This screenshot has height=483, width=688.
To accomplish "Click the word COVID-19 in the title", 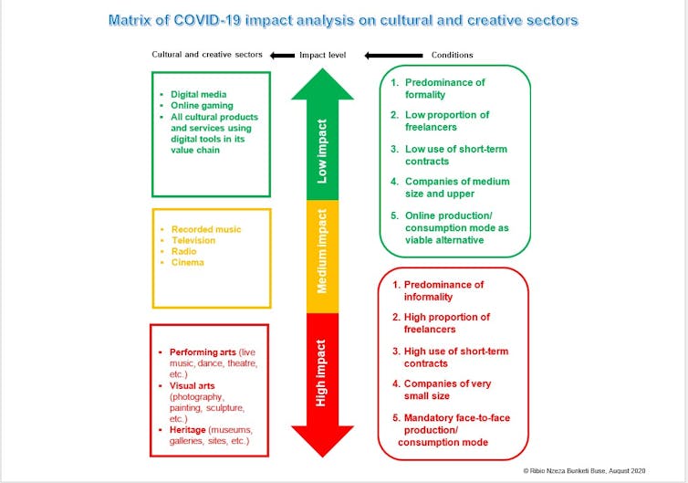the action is (x=207, y=20).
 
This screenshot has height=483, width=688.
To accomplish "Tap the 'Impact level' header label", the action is (x=322, y=55).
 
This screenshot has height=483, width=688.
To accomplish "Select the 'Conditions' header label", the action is (x=452, y=55).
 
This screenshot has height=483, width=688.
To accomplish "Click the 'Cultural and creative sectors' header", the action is (x=207, y=55).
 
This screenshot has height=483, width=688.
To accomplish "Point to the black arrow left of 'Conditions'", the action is (x=393, y=56).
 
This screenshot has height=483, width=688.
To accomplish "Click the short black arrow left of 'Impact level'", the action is (x=283, y=56).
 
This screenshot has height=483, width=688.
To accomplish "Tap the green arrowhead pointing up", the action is (x=322, y=84).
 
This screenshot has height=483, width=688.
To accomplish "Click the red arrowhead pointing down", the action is (x=322, y=441).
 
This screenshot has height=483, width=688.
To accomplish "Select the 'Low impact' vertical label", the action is (x=322, y=151).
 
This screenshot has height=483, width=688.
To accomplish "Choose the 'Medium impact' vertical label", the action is (x=322, y=251).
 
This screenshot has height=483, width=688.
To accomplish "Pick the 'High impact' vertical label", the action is (x=321, y=373).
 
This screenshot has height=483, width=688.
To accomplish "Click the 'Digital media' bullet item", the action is (x=199, y=94).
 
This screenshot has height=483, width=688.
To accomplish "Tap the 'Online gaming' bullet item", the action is (x=202, y=105).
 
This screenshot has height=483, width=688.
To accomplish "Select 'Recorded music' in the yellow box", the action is (x=206, y=229).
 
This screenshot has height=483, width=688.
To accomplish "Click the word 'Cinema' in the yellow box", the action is (x=188, y=262).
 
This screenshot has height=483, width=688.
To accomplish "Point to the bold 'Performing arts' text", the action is (x=203, y=352).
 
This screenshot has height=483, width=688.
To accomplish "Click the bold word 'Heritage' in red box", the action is (x=187, y=430).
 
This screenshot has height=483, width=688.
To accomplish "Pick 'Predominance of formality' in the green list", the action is (x=445, y=89).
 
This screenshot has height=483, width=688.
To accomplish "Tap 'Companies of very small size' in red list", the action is (x=447, y=390).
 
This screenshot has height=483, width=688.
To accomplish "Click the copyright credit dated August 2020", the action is (x=584, y=471).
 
